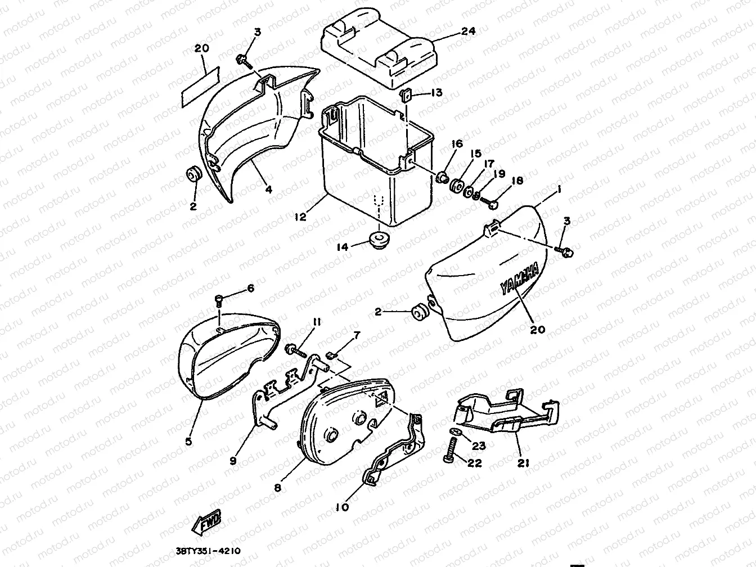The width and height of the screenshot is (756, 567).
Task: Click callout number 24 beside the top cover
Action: (x=467, y=31)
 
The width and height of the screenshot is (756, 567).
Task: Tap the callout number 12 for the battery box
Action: (x=301, y=217)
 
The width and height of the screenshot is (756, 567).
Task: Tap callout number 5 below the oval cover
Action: (x=188, y=442)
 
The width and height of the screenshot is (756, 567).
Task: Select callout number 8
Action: (x=278, y=488)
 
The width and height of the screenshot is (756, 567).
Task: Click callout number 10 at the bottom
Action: (x=342, y=507)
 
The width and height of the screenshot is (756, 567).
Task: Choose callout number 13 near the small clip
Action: (x=436, y=92)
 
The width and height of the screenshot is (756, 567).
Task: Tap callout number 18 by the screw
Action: (x=517, y=181)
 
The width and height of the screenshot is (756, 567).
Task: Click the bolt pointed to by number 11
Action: (x=297, y=352)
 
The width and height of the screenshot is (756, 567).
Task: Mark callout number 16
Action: (x=456, y=145)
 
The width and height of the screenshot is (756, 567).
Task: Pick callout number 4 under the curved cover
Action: (x=269, y=190)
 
